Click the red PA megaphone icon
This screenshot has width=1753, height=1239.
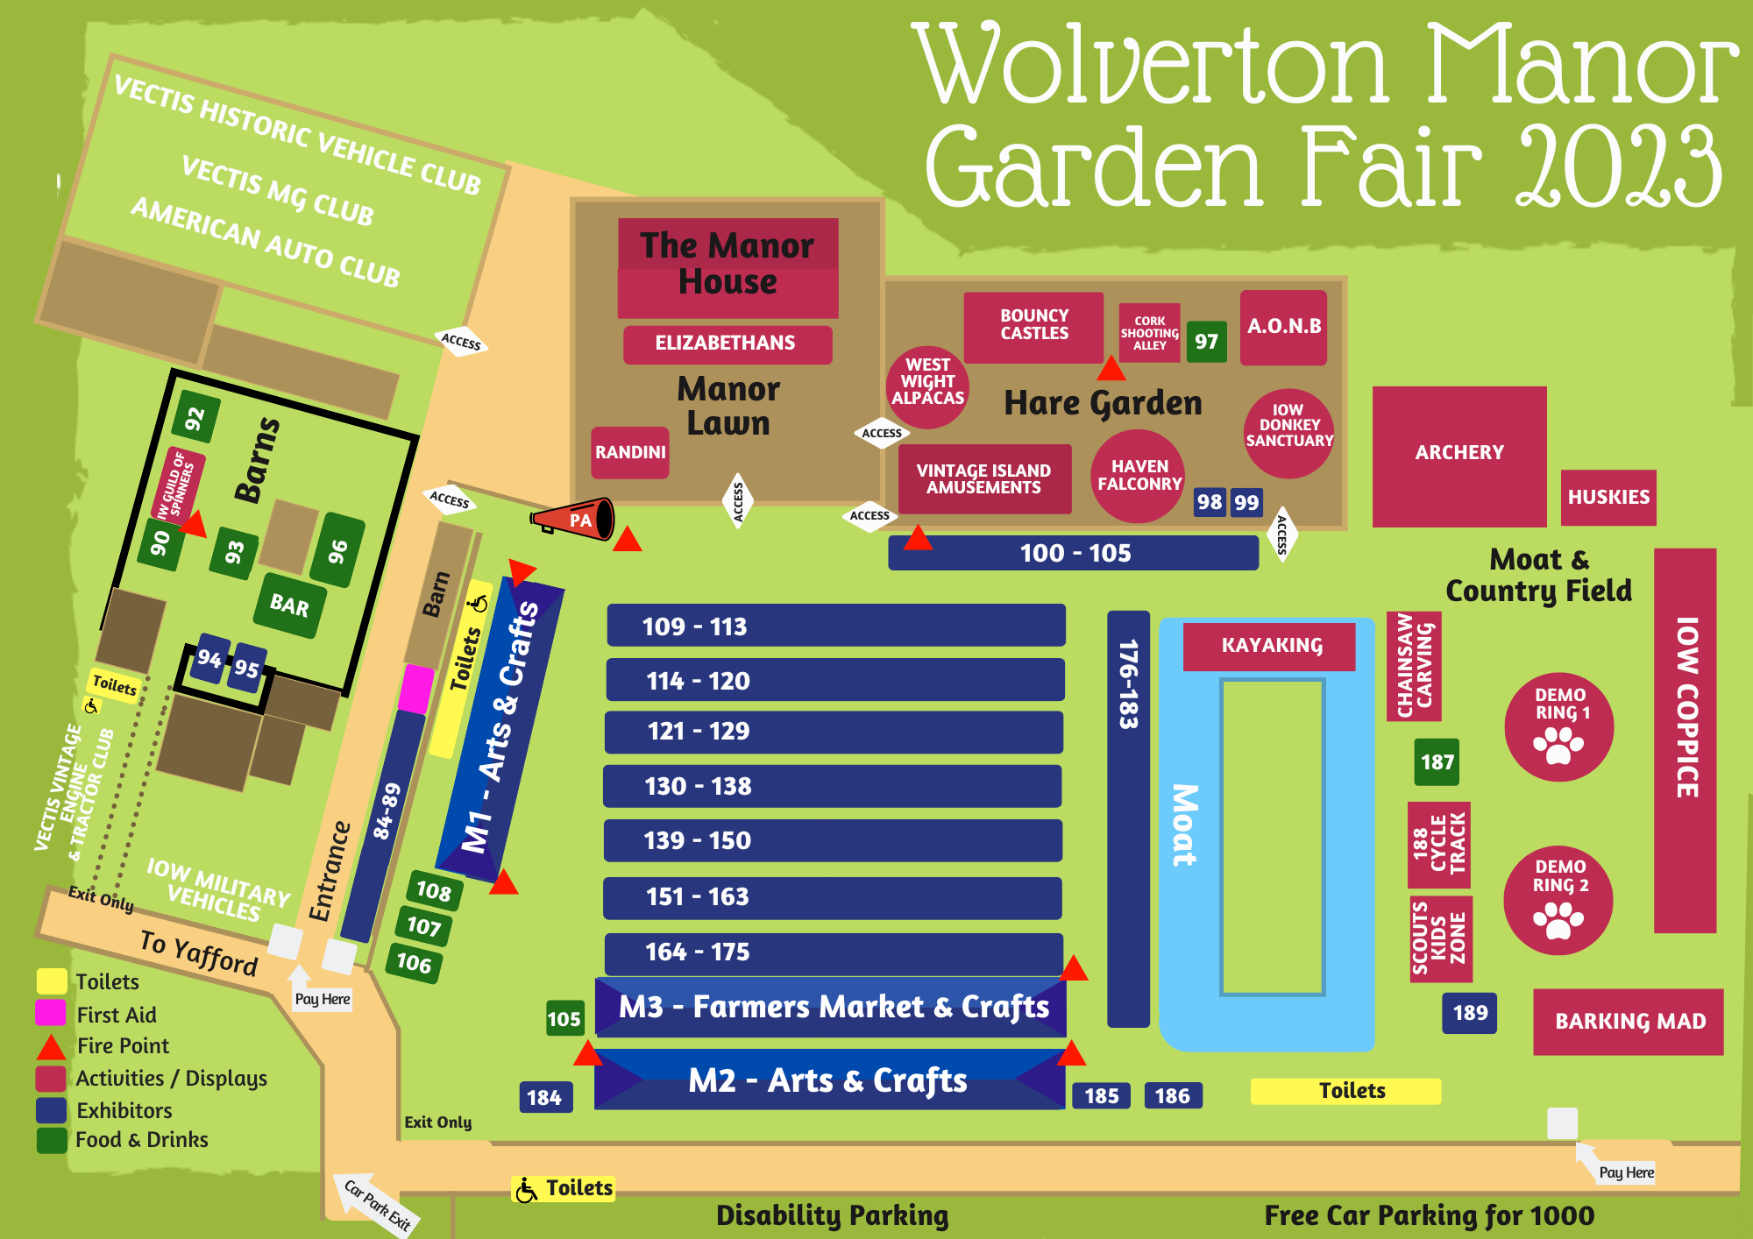click(x=574, y=519)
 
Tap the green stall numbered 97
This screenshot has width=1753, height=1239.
click(x=1206, y=342)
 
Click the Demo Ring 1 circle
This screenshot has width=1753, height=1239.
click(x=1559, y=726)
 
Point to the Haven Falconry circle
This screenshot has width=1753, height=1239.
click(x=1139, y=476)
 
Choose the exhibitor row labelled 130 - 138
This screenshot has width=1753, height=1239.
click(x=832, y=786)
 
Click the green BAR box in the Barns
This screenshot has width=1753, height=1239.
click(x=289, y=605)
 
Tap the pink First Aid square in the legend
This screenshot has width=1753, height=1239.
click(x=51, y=1013)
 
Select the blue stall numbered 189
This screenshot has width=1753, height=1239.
click(x=1469, y=1013)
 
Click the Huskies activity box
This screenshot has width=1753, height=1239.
click(x=1608, y=497)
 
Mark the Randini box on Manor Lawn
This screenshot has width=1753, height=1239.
click(x=630, y=452)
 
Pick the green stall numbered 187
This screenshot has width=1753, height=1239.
click(x=1437, y=762)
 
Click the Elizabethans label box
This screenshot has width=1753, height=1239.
click(x=727, y=343)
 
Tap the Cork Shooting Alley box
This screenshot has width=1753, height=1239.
click(x=1149, y=333)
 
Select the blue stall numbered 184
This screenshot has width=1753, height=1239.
click(x=544, y=1097)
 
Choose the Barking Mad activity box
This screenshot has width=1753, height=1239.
click(x=1629, y=1022)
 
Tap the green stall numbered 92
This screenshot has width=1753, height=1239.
click(x=195, y=419)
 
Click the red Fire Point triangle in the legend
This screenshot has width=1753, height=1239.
click(x=51, y=1046)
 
